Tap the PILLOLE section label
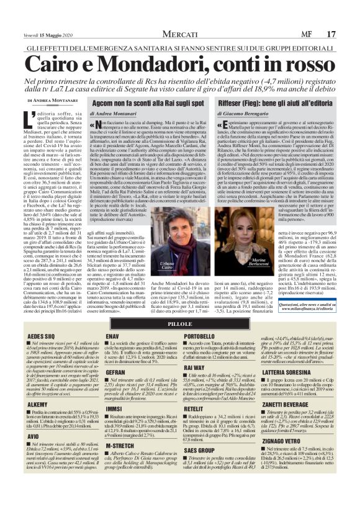[x=180, y=340]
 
